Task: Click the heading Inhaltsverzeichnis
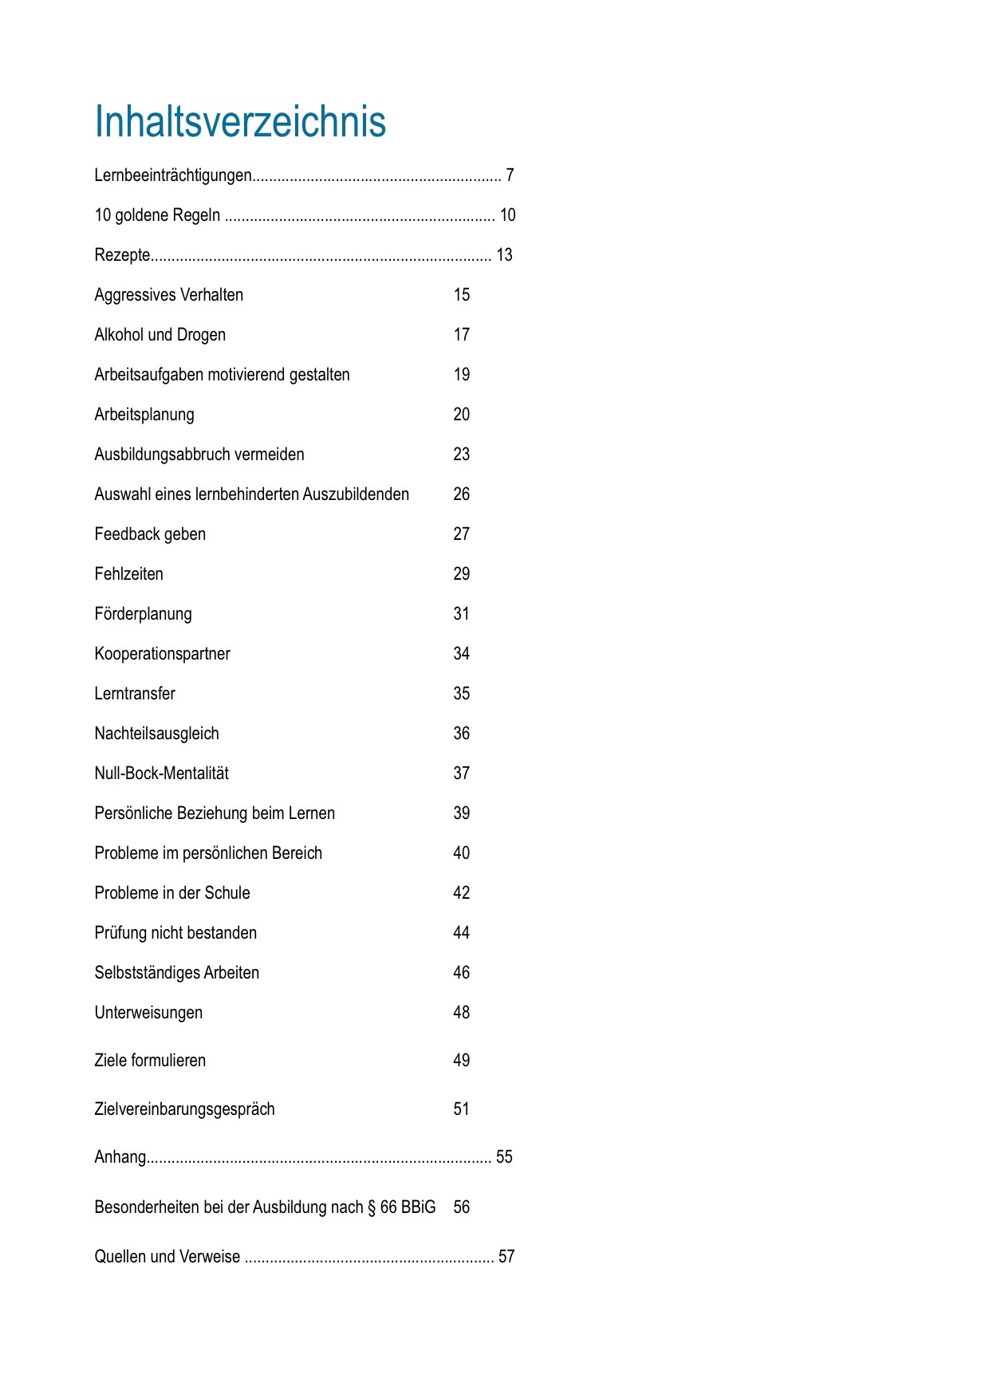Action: [x=240, y=122]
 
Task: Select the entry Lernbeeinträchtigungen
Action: [x=173, y=175]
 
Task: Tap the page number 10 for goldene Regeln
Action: [x=507, y=215]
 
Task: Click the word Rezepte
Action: [x=122, y=255]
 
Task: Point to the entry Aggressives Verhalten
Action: [x=169, y=295]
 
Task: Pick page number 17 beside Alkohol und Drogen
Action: [x=462, y=335]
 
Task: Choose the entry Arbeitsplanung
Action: [x=144, y=415]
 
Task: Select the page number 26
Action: [x=462, y=494]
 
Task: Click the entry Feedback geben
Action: [x=150, y=534]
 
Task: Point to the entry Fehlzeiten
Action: [x=128, y=574]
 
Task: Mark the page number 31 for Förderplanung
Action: [x=462, y=614]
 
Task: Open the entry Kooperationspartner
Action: [x=162, y=654]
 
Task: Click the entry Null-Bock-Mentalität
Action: [x=161, y=774]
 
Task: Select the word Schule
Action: [x=227, y=893]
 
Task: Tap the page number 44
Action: [x=462, y=933]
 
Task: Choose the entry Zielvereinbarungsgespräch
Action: [x=184, y=1109]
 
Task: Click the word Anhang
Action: [x=120, y=1157]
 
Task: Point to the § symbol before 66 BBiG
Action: [x=372, y=1207]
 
